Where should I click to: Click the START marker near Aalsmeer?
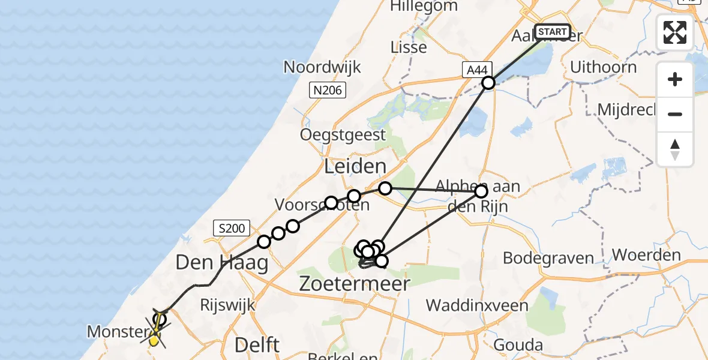(x=552, y=32)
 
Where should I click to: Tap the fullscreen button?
(x=675, y=32)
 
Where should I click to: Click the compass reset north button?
(x=675, y=149)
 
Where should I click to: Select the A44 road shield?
(x=476, y=70)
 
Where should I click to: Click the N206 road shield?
(x=327, y=91)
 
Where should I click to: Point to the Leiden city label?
(x=355, y=167)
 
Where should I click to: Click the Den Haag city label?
(x=221, y=262)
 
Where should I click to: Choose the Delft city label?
(x=257, y=345)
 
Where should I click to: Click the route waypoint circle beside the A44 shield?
(x=488, y=83)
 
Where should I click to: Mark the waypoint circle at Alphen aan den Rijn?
(x=481, y=192)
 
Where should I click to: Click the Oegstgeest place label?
(x=343, y=134)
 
